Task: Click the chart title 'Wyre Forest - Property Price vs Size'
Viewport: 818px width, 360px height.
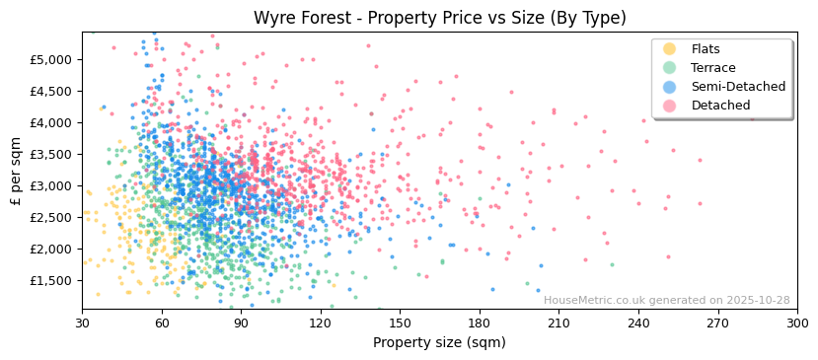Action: click(439, 18)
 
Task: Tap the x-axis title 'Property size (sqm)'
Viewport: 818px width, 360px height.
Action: click(439, 343)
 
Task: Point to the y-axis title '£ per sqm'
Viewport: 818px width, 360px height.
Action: click(16, 171)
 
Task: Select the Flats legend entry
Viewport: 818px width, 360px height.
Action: click(705, 49)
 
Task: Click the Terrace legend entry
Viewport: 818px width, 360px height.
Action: click(712, 68)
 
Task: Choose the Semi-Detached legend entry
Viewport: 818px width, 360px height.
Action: click(738, 87)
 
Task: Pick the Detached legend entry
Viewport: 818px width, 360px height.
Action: click(720, 106)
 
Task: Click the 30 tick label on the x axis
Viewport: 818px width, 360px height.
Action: click(82, 323)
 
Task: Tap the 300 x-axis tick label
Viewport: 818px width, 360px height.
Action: click(797, 323)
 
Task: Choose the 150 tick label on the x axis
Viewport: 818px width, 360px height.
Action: click(400, 323)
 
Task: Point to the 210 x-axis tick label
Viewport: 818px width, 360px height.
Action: click(558, 323)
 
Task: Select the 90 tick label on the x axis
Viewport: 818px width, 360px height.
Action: click(241, 323)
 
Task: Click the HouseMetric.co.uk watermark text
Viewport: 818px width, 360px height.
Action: click(666, 301)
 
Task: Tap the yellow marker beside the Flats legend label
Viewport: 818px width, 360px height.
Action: click(670, 49)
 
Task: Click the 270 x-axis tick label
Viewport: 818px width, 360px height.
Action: click(717, 323)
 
